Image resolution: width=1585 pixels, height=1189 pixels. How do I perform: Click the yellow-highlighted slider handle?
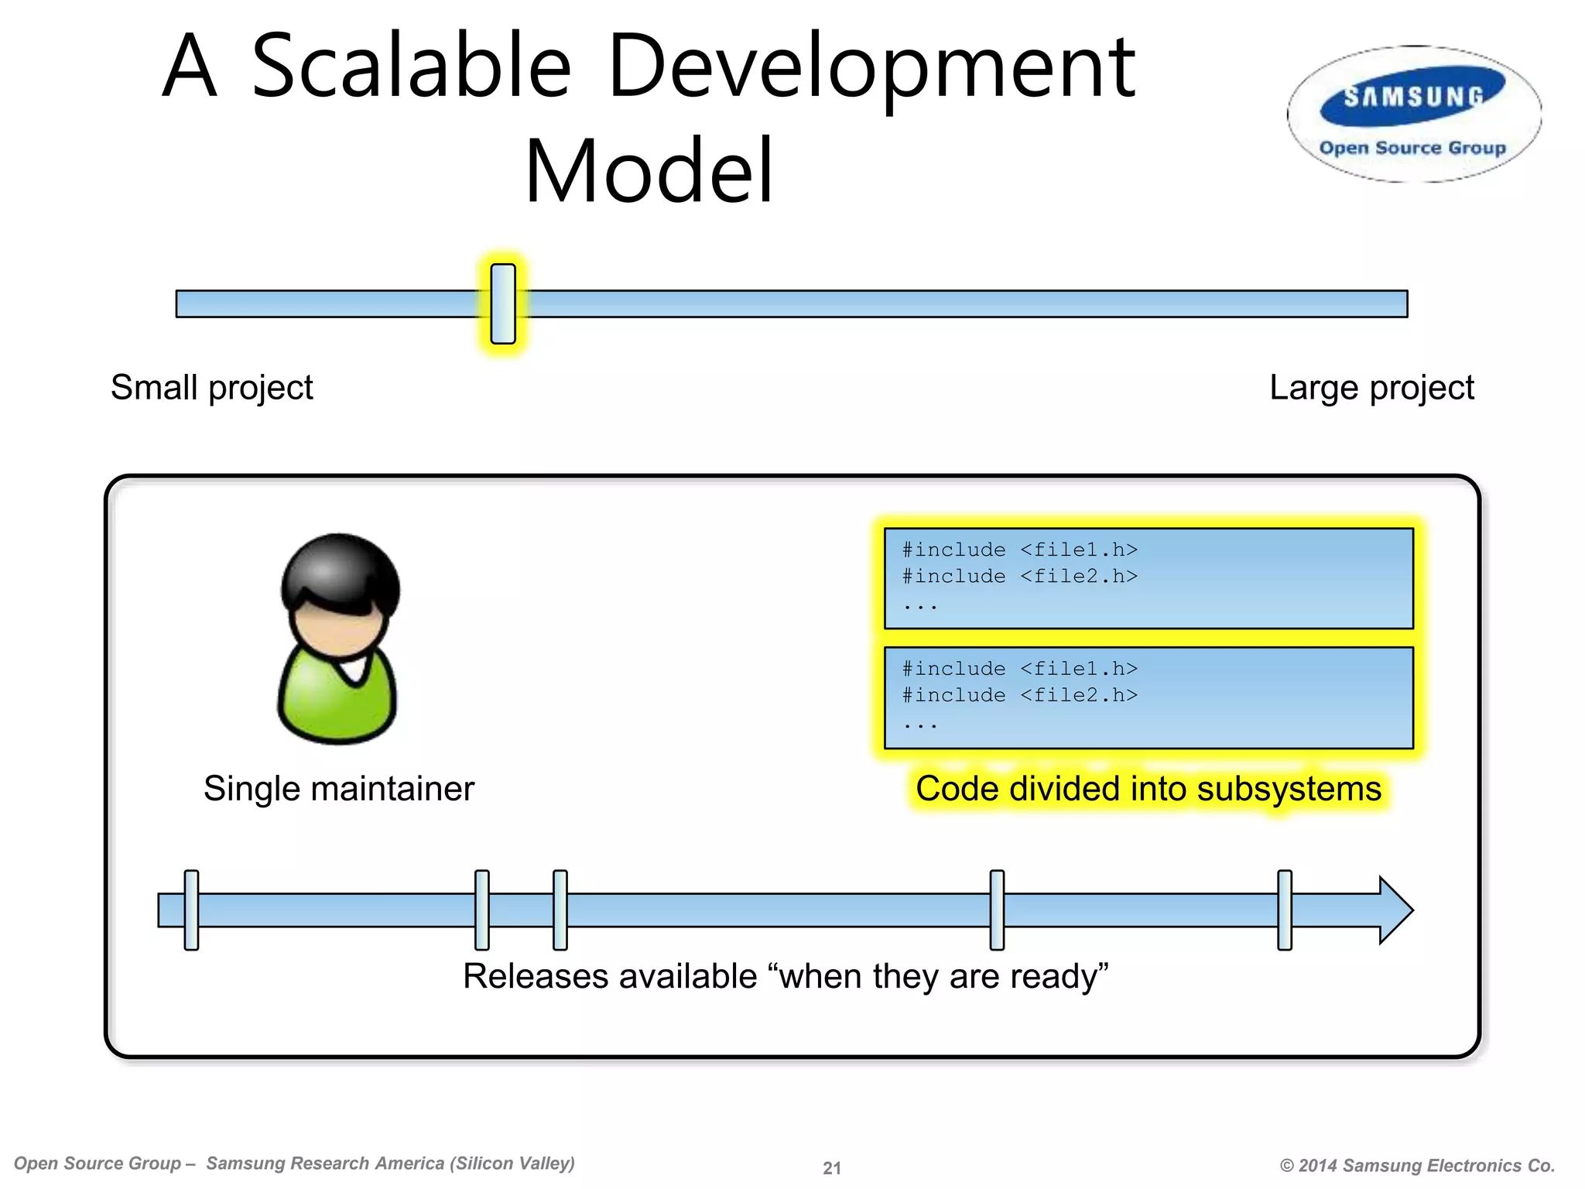coord(503,303)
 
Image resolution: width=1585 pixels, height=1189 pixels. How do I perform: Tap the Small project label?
coord(211,387)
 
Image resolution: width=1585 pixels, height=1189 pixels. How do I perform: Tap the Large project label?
coord(1371,387)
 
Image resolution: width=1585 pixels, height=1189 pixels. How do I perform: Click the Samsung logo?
coord(1413,99)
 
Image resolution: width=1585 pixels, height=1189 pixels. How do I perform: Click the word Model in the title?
coord(649,172)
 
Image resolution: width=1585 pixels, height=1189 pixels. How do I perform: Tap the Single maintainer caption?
coord(338,789)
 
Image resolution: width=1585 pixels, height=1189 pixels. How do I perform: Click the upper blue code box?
coord(1149,578)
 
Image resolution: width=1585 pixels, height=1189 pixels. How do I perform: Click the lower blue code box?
coord(1149,697)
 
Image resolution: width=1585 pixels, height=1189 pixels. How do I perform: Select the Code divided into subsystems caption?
coord(1149,789)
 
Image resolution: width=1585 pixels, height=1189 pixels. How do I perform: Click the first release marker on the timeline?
coord(192,910)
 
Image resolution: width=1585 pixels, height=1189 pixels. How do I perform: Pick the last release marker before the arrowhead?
coord(1285,910)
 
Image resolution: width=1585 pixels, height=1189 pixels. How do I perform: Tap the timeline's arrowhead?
coord(1395,910)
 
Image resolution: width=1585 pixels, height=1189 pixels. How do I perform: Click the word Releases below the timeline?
coord(532,976)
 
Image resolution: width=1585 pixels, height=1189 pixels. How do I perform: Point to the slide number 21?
coord(832,1167)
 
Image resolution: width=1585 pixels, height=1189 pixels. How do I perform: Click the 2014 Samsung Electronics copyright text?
coord(1417,1165)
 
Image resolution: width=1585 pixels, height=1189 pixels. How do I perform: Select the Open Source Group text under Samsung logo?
coord(1412,148)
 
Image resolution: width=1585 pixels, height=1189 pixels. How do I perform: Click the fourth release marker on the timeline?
coord(998,910)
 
